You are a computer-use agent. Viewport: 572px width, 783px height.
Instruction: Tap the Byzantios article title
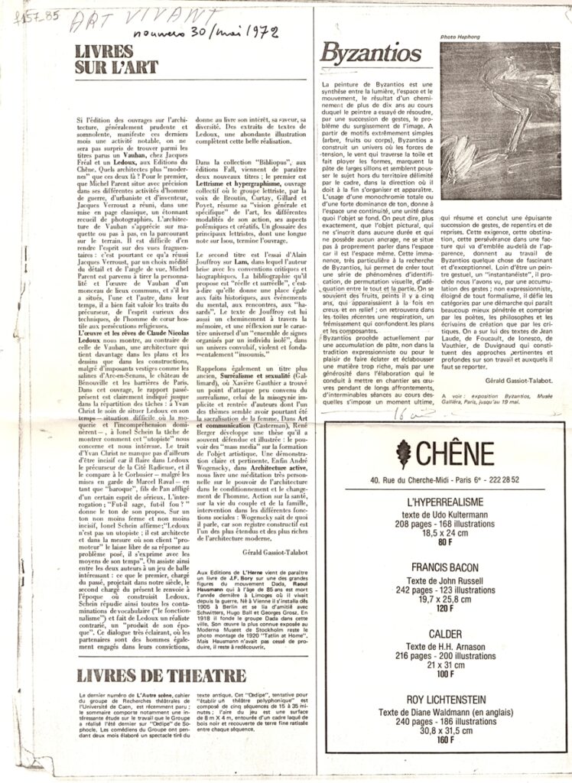point(361,53)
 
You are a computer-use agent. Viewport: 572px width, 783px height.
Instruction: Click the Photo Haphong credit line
point(459,37)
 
